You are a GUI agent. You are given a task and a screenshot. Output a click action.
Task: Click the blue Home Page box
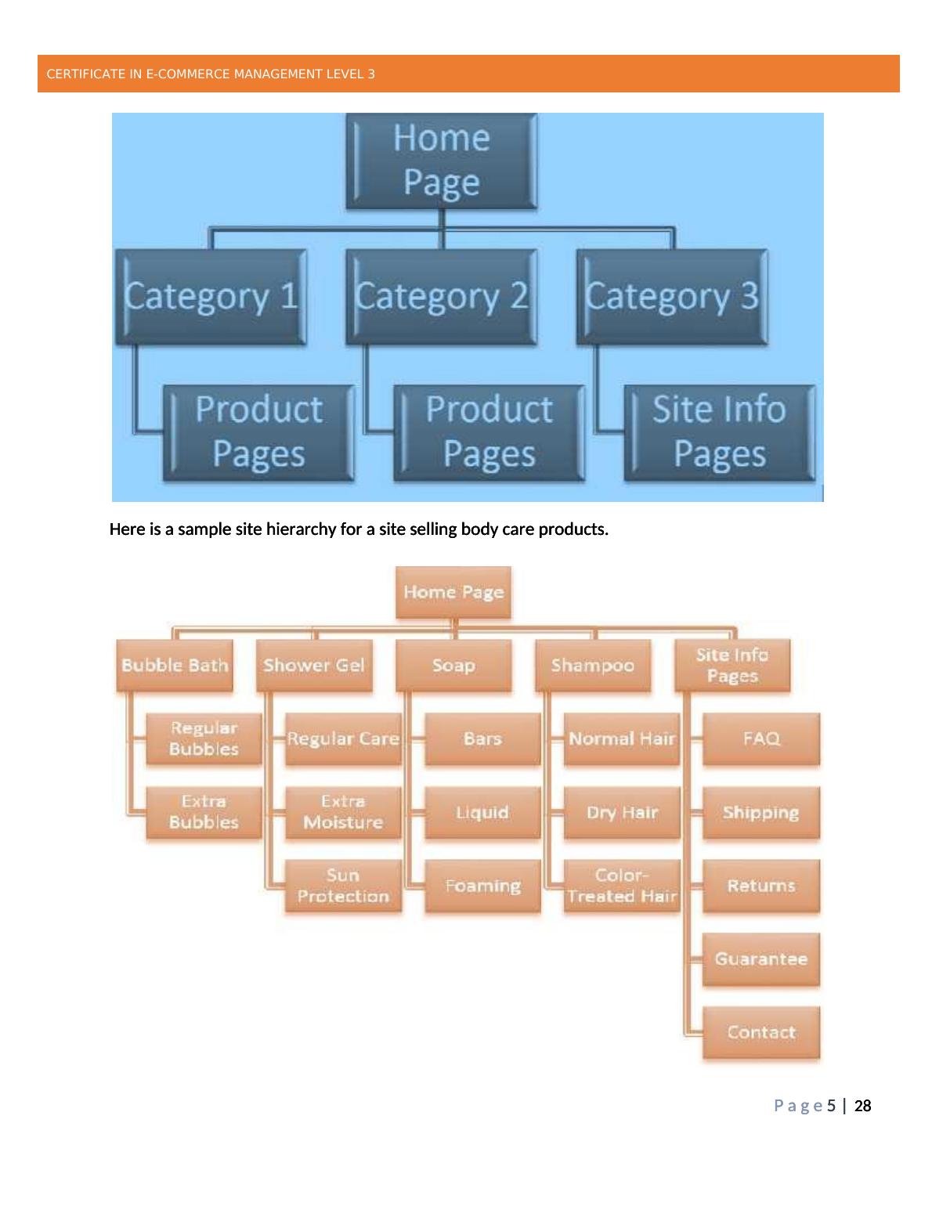coord(442,161)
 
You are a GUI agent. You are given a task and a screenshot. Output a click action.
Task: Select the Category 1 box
coord(211,297)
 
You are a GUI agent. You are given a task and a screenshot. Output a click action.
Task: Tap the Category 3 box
coord(672,297)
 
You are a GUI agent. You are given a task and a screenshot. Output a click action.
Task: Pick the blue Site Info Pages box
coord(719,432)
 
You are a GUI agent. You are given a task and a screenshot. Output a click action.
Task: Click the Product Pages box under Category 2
coord(489,432)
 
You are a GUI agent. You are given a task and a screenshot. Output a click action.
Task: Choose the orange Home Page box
coord(453,592)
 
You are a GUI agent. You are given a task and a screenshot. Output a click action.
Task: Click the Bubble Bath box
coord(175,666)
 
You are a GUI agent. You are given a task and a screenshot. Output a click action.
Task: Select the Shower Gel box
coord(314,666)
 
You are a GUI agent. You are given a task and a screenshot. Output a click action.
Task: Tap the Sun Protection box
coord(343,886)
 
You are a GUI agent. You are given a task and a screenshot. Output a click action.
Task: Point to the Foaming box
coord(482,886)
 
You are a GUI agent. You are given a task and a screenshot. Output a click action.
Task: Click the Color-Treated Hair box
coord(622,886)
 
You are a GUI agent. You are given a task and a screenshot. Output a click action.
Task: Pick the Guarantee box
coord(761,959)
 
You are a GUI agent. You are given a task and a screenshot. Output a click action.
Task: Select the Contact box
coord(761,1032)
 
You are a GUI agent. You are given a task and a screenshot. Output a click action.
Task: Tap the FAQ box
coord(761,738)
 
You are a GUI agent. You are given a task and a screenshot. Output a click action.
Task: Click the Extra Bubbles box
coord(204,812)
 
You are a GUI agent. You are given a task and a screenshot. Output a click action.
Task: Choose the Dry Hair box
coord(622,812)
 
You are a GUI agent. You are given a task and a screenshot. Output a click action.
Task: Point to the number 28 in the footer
coord(862,1106)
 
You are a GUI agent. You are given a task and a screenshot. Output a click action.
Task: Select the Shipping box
coord(761,812)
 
